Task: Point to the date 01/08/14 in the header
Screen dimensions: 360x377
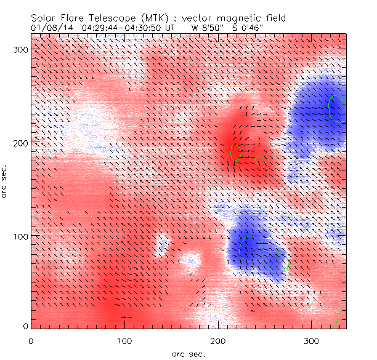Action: (48, 27)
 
